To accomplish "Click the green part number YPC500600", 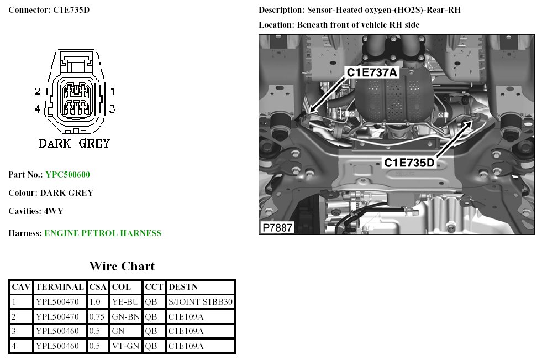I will point(67,175).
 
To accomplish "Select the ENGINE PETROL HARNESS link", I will point(103,233).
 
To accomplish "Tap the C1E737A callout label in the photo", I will point(372,72).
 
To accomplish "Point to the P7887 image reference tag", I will point(277,228).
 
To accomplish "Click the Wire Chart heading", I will point(122,267).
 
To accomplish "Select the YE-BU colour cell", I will point(125,302).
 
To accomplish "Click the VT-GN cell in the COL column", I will point(125,346).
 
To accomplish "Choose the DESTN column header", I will point(183,287).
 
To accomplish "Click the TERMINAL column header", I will point(59,287).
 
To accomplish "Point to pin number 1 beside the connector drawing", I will point(112,91).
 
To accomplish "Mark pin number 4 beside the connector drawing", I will point(38,109).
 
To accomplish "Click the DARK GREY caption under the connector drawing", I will point(74,144).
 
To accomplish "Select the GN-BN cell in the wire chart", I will point(125,317).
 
